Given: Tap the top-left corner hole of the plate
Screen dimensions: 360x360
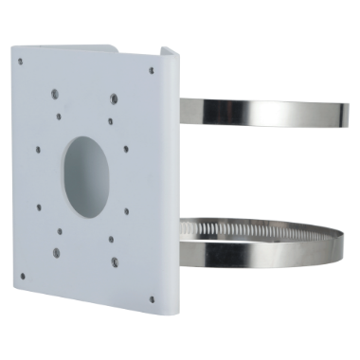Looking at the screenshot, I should [x=21, y=58].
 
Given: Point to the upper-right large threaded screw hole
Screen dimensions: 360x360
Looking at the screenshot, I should [x=113, y=98].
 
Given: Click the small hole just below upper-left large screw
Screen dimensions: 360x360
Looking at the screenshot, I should [x=60, y=117].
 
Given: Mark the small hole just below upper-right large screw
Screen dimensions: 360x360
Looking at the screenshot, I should [x=111, y=119].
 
